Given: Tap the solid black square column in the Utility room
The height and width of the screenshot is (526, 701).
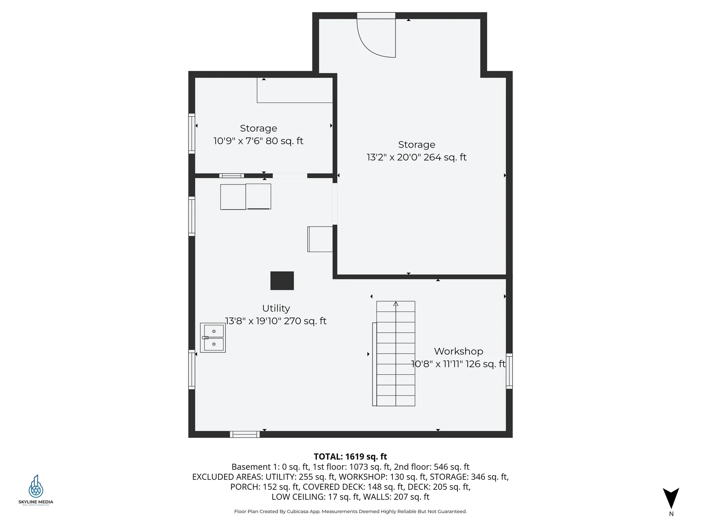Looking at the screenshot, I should tap(282, 281).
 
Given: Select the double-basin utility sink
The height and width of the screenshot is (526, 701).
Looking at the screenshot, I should tap(213, 338).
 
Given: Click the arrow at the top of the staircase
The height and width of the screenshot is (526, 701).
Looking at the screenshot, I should tap(396, 304).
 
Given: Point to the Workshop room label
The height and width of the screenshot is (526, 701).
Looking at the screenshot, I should tap(458, 351).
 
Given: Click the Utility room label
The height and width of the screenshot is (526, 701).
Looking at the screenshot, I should tap(276, 308).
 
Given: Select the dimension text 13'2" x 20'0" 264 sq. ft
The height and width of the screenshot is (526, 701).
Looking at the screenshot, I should tap(416, 157).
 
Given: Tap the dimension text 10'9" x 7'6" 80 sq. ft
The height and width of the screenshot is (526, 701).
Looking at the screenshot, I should tap(258, 141).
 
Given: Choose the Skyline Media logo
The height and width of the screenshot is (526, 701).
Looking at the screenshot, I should tap(36, 489).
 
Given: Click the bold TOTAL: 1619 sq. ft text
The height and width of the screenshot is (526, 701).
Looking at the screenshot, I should tap(350, 457).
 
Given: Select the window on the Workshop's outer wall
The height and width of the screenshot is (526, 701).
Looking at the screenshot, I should tap(509, 371).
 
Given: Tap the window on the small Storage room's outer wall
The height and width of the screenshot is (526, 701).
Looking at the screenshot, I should tap(192, 133).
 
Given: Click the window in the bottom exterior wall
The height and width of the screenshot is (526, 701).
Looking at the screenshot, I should tap(245, 434).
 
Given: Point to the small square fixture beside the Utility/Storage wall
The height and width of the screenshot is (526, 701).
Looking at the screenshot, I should tap(320, 239).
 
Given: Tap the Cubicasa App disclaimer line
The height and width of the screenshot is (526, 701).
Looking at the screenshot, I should tap(350, 511).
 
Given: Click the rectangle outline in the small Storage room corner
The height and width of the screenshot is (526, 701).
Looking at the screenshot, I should tap(295, 90).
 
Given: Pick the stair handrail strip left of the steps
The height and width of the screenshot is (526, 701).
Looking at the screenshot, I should tap(374, 364).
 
